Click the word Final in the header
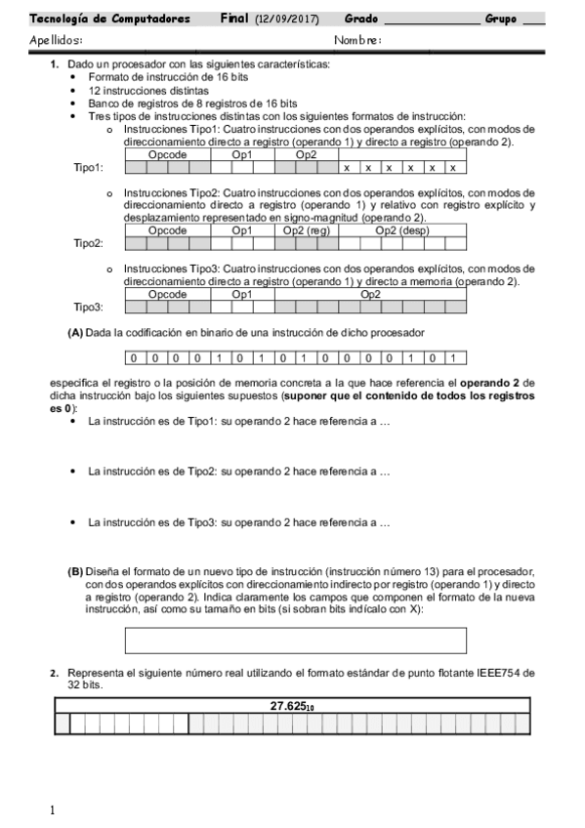[x=234, y=19]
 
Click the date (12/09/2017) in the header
[x=288, y=19]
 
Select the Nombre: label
[x=357, y=40]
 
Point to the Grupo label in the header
[x=501, y=19]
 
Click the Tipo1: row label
[x=89, y=168]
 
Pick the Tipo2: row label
[x=89, y=244]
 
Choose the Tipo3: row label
[x=89, y=307]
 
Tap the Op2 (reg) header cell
[x=307, y=231]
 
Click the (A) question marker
[x=75, y=332]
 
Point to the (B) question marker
[x=75, y=570]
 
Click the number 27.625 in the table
[x=292, y=706]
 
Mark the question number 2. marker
[x=55, y=674]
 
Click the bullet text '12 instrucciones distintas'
[x=147, y=90]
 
